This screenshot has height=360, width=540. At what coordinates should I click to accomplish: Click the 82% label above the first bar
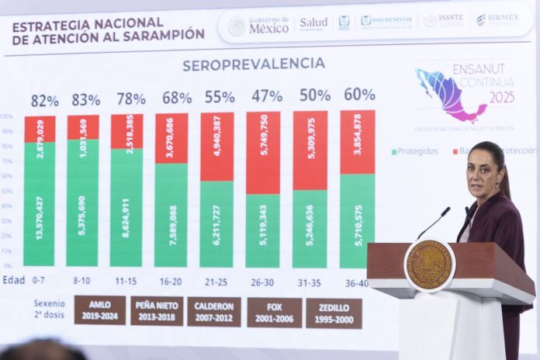[44, 100]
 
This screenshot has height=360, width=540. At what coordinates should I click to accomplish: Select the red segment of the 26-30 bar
[263, 152]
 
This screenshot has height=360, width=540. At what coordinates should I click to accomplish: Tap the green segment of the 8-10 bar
[82, 203]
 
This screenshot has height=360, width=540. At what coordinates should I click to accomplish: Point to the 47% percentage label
[266, 96]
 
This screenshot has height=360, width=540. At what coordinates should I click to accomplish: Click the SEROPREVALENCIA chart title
[253, 64]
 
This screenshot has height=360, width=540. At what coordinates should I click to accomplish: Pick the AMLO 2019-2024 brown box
[99, 309]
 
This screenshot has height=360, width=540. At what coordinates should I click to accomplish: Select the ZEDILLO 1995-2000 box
[333, 313]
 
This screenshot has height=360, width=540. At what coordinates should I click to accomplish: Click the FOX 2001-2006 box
[274, 312]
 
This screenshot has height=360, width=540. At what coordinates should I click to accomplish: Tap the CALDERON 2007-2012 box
[213, 311]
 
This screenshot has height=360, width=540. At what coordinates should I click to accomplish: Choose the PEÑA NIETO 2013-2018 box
[157, 310]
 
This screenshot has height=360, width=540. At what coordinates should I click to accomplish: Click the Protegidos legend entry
[414, 151]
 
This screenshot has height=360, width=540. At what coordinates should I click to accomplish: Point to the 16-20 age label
[171, 281]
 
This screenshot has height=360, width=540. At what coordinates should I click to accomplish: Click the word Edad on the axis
[13, 280]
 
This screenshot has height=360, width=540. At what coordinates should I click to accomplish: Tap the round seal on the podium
[429, 265]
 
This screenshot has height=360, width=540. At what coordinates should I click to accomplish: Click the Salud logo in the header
[313, 24]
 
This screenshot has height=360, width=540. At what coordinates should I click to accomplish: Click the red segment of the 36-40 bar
[357, 141]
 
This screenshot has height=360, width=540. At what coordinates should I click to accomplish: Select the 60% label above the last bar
[359, 95]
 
